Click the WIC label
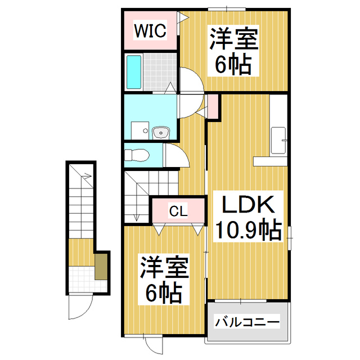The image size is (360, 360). pos(150,30)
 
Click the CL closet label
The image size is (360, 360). pos(178,211)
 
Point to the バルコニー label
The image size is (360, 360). pos(247,323)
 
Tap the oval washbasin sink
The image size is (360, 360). pos(161,133)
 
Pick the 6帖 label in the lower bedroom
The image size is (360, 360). pos(164,292)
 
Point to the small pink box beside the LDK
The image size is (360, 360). pos(213,106)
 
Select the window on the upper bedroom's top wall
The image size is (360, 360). pos(227,8)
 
